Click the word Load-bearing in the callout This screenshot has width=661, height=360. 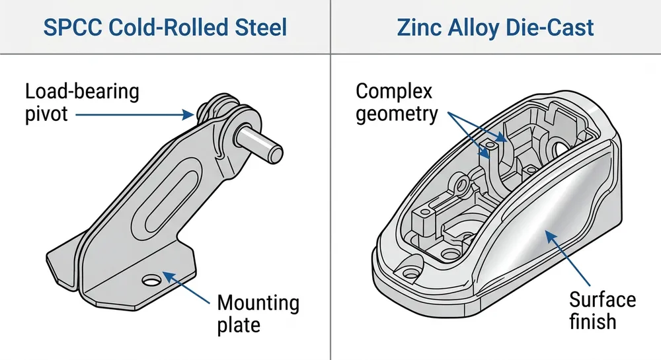pyautogui.click(x=83, y=90)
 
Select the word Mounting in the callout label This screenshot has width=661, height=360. pyautogui.click(x=258, y=303)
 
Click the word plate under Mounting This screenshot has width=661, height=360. pyautogui.click(x=239, y=325)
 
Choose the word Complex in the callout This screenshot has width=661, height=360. pyautogui.click(x=394, y=90)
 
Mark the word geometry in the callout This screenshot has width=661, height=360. pyautogui.click(x=397, y=114)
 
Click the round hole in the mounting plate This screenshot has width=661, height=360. pyautogui.click(x=153, y=280)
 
